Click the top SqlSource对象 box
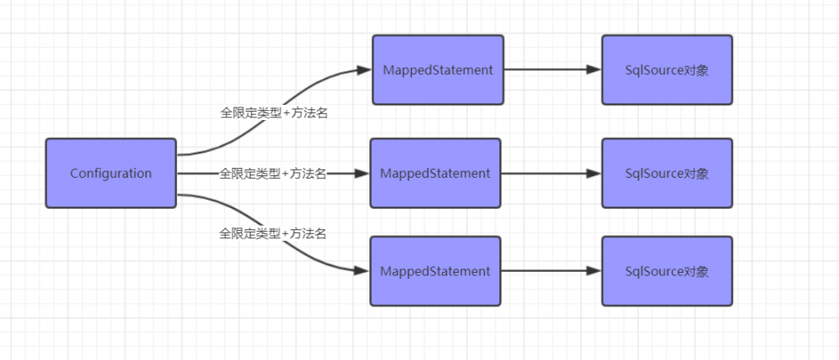(667, 70)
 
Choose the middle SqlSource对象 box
(667, 174)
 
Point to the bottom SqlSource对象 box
(667, 271)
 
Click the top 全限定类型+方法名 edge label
(274, 112)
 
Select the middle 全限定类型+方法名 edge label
(273, 174)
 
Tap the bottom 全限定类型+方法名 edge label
(273, 233)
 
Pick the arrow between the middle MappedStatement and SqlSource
(550, 174)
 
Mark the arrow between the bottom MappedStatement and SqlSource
(550, 271)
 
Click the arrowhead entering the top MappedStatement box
(365, 70)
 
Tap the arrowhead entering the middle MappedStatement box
(362, 174)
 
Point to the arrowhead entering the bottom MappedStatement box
(362, 271)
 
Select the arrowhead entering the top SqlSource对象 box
(595, 70)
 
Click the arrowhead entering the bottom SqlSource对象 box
(595, 271)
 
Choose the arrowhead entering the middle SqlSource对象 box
(595, 174)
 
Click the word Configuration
(111, 174)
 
